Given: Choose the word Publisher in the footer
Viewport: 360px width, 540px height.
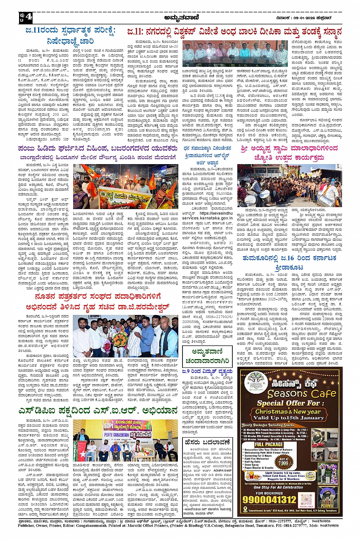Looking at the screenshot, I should pyautogui.click(x=26, y=526).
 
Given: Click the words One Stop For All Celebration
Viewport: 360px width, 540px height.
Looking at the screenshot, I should pyautogui.click(x=278, y=487).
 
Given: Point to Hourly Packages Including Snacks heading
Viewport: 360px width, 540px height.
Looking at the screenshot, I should pyautogui.click(x=268, y=425).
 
